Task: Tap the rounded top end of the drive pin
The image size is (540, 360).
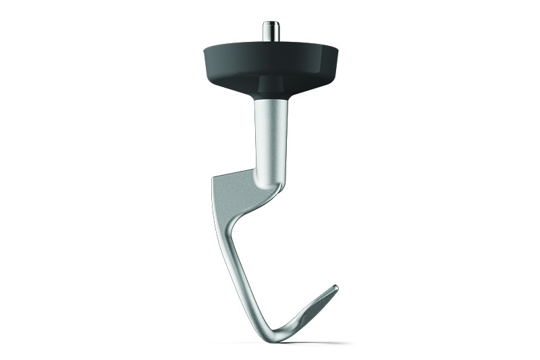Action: coord(271,23)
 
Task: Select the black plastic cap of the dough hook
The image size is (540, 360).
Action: coord(270,61)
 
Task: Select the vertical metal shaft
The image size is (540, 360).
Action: coord(271,135)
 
